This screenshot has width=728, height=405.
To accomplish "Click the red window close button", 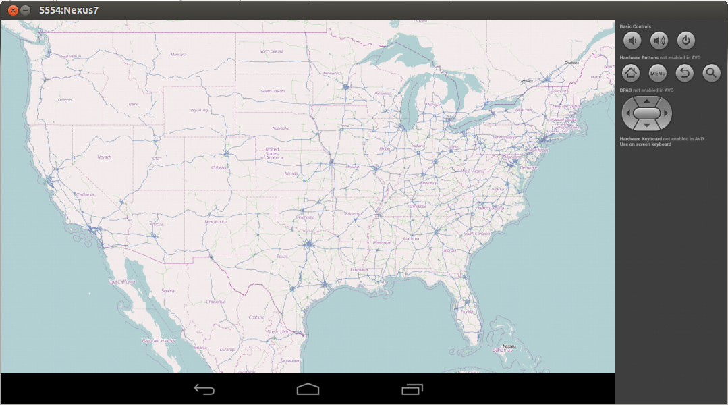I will [x=12, y=10].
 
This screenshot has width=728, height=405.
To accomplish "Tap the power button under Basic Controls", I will [x=685, y=40].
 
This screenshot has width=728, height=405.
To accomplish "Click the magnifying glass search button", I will [x=711, y=73].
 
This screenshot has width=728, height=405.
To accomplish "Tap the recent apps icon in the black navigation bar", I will [x=412, y=389].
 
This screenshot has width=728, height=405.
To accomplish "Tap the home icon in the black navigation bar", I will [x=308, y=389].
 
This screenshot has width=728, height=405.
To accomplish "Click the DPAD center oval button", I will [x=647, y=113].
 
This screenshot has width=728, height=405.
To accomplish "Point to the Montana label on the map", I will [x=178, y=55].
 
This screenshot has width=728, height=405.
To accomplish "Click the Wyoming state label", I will [x=199, y=110].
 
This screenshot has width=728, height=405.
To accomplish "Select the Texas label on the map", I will [x=282, y=256].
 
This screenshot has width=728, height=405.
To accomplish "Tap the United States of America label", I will [x=272, y=153].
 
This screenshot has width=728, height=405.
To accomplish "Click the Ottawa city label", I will [x=526, y=81].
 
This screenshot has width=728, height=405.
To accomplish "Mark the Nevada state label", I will [x=105, y=157].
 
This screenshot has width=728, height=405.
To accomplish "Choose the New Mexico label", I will [x=215, y=221].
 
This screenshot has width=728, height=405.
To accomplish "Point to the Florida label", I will [x=467, y=311].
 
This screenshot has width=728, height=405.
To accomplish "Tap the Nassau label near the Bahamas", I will [x=509, y=346].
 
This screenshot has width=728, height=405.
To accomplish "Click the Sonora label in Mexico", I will [x=168, y=290].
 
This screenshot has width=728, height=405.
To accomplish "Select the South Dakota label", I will [x=273, y=91].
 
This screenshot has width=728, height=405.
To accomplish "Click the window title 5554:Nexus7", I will [x=64, y=10].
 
